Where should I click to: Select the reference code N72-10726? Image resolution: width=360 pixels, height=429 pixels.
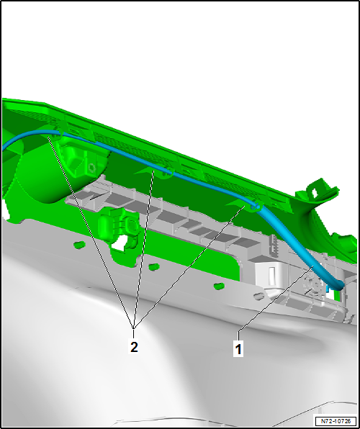point(336,420)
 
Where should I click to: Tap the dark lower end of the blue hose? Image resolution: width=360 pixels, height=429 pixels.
point(339,286)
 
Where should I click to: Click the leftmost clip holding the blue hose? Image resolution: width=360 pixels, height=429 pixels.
point(59,133)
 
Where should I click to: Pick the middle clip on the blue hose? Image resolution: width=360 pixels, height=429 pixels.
point(168,172)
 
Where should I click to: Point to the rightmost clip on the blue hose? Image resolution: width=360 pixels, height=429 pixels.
point(255,205)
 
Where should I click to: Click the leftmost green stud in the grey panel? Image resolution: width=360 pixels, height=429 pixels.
point(80,244)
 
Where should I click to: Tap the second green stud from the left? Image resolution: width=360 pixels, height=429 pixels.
point(154,266)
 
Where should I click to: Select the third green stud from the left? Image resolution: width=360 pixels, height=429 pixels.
point(220,286)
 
